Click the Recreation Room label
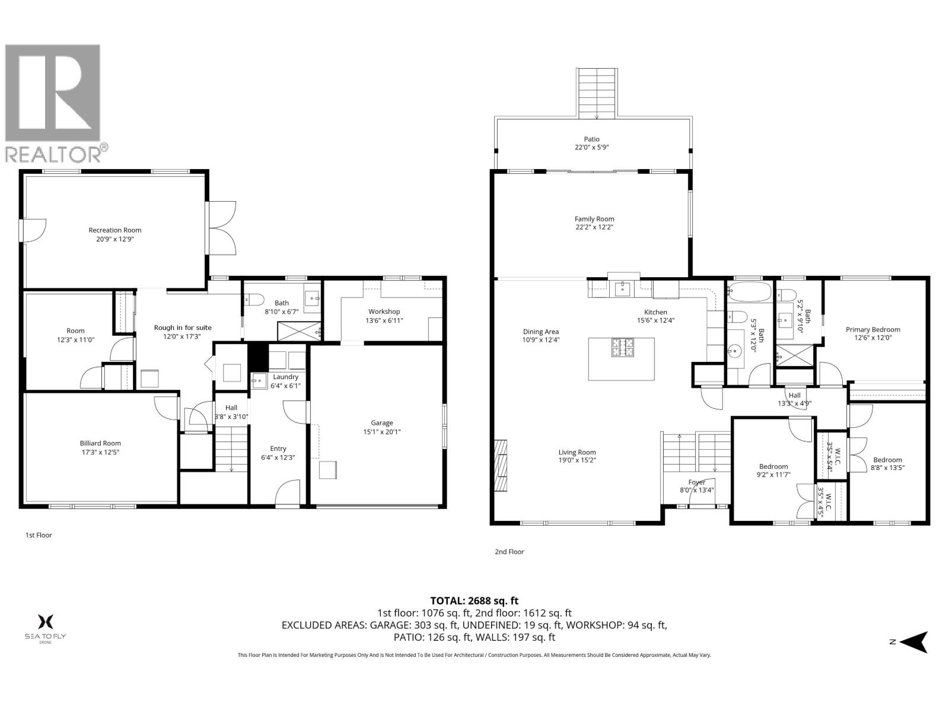point(115,230)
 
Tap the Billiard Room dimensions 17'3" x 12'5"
point(100,452)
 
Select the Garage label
point(382,423)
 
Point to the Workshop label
point(384,311)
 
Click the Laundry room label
point(285,377)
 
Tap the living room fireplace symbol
point(501,465)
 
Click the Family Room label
point(594,219)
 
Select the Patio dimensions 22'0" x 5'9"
point(591,147)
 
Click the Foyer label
point(696,482)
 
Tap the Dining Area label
point(540,332)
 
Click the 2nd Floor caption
point(509,552)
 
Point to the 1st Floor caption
point(39,535)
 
